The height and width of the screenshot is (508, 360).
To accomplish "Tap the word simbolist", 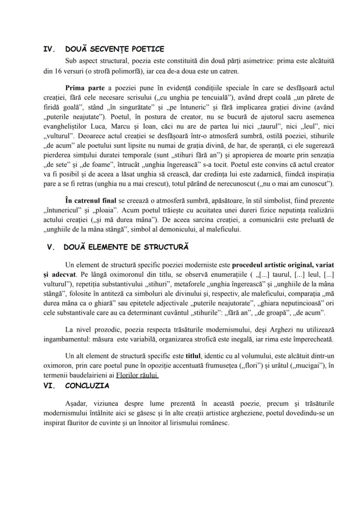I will (x=279, y=201).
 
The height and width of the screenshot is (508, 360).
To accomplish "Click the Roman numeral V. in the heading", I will (x=51, y=247).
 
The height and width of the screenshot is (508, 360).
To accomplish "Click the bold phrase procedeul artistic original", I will (x=276, y=264).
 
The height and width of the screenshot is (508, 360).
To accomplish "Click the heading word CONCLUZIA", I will (x=87, y=385).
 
